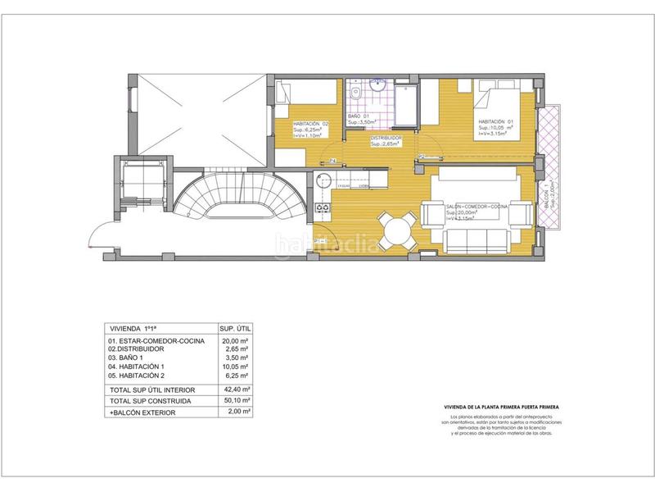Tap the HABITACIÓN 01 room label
[x=498, y=121]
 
